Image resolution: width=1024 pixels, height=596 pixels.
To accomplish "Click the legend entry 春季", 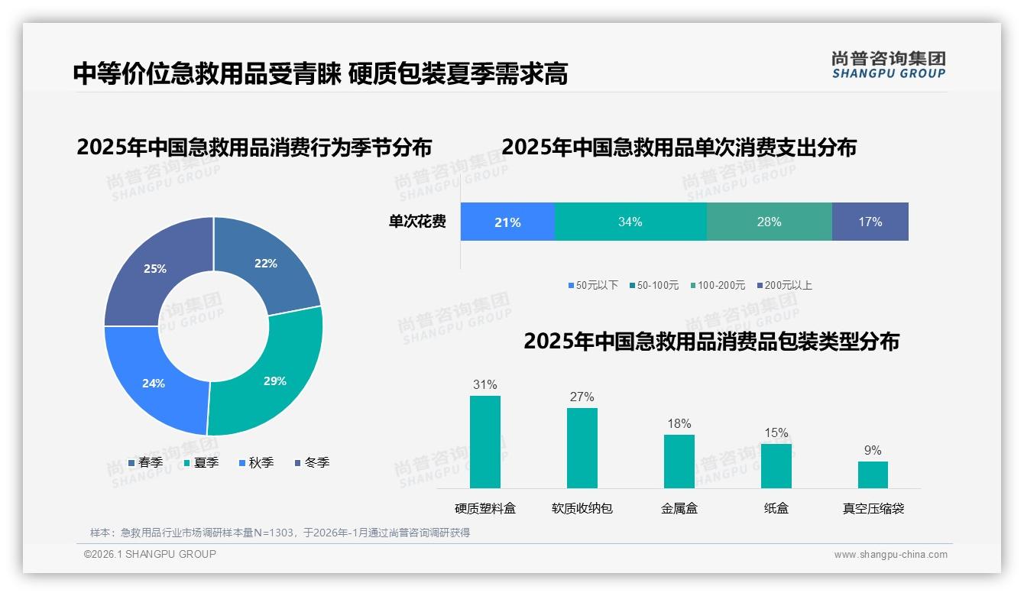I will (x=145, y=462).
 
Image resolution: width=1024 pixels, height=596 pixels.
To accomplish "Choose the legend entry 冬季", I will (x=311, y=462).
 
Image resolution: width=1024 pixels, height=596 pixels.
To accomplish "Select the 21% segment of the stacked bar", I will (x=507, y=222).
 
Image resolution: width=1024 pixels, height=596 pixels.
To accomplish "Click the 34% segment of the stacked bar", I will (x=630, y=222).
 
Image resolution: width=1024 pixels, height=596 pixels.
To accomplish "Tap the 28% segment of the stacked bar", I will (x=769, y=222).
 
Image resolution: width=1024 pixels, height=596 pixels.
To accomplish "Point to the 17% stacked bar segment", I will (x=870, y=222).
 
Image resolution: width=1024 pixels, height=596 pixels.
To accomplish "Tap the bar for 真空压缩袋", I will (x=873, y=475).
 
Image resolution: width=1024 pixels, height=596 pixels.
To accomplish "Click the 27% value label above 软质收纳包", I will (x=582, y=397).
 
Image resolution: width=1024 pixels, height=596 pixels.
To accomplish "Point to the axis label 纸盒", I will (x=776, y=508).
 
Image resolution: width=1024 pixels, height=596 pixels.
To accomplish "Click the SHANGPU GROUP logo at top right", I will (x=889, y=64).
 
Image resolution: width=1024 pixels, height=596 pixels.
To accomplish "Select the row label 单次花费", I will (x=417, y=222).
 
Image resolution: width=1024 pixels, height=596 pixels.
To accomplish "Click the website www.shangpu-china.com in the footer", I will (x=890, y=555).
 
